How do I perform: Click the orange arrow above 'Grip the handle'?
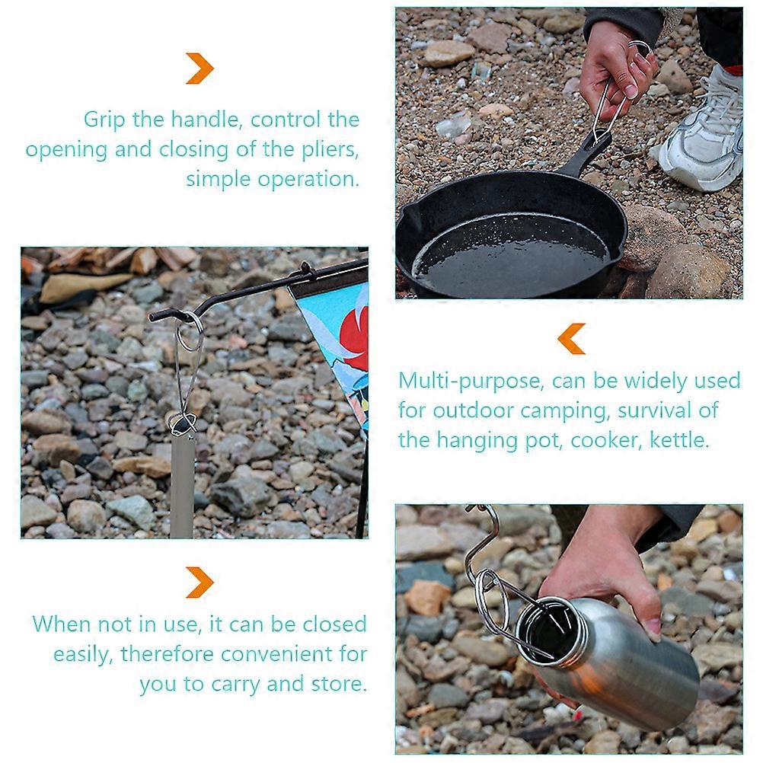[x=200, y=68]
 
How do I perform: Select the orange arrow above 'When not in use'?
[x=200, y=583]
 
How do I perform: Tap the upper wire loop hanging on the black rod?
[x=190, y=331]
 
